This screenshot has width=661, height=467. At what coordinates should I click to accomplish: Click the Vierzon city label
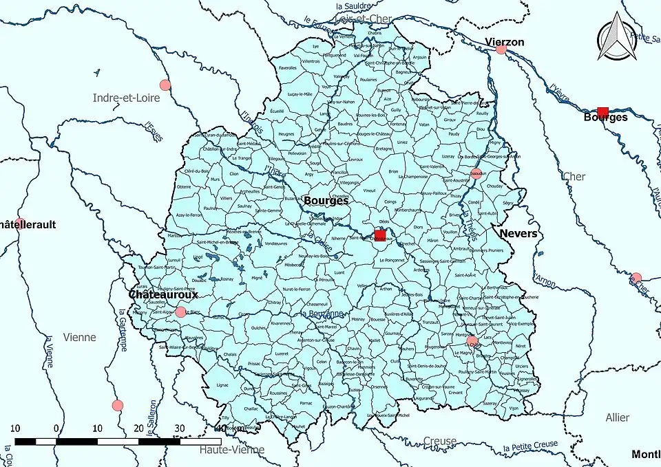tap(504, 42)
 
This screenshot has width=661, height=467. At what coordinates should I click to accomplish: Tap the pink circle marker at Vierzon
tap(501, 49)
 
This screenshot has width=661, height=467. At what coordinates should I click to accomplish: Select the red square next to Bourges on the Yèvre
tap(602, 112)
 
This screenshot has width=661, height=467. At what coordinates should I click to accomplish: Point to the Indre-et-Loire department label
tap(126, 98)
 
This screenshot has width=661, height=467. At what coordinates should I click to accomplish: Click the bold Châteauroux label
tap(163, 294)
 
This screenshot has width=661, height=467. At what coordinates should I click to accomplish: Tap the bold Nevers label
tap(518, 234)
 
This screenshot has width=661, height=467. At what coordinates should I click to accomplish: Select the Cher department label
tap(574, 177)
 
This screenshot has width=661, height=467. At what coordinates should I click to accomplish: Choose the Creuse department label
tap(439, 441)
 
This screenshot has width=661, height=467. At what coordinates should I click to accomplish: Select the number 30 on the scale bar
tap(180, 428)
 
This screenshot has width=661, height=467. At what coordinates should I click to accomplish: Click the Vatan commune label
tap(424, 124)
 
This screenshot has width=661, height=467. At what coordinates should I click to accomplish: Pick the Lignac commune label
tap(222, 386)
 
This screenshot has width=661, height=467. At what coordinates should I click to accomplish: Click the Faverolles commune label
tap(288, 68)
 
